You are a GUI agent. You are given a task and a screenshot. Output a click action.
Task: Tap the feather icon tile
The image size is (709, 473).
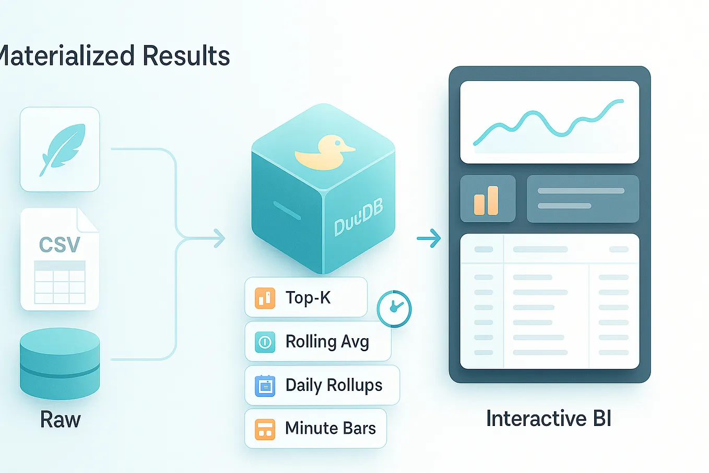point(60,149)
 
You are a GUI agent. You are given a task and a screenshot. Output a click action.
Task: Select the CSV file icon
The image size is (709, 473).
point(60,259)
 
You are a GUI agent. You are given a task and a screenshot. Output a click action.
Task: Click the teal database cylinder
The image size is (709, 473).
point(60,363)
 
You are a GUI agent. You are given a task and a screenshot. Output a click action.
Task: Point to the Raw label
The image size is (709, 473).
point(61,420)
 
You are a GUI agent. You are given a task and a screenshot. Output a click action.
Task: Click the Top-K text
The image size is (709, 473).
point(308,297)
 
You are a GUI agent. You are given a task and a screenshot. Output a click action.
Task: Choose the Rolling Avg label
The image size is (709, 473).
point(327,342)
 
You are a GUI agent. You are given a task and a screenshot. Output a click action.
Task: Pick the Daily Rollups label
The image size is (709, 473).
point(334,385)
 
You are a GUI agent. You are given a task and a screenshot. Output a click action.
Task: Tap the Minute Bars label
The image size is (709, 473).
point(330,428)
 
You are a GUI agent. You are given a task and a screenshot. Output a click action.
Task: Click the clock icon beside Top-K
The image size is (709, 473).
point(394,309)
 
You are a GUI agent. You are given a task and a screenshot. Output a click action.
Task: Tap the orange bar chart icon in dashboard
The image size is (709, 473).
point(487,200)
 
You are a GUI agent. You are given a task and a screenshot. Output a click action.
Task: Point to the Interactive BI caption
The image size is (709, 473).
point(548,419)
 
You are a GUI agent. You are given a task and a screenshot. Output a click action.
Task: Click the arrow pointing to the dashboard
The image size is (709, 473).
point(429,239)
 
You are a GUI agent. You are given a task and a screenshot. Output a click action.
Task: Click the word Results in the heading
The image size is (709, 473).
point(186,56)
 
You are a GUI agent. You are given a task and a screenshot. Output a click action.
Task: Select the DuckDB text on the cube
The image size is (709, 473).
point(359,217)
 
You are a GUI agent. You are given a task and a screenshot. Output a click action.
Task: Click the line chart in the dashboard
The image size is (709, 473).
point(549,123)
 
